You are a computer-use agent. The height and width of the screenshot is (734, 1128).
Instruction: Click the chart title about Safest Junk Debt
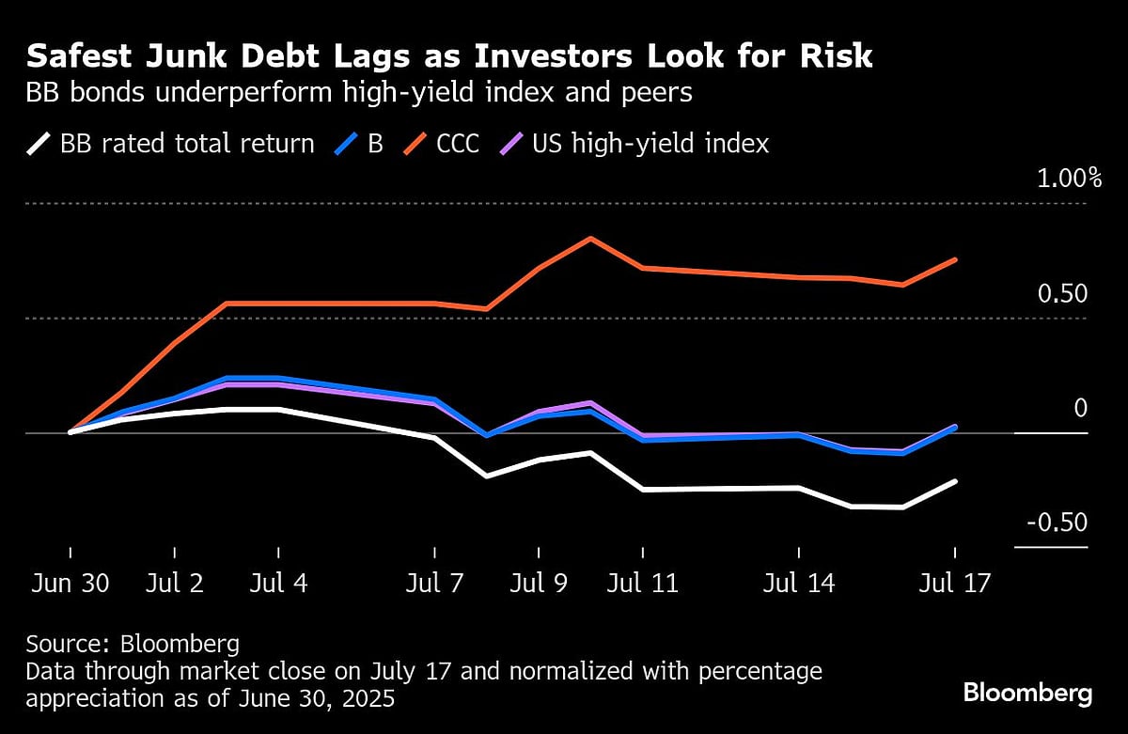coord(449,56)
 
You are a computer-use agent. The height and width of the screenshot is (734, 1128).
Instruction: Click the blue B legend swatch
coord(347,144)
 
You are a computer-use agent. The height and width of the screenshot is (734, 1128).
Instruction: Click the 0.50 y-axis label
coord(1061,294)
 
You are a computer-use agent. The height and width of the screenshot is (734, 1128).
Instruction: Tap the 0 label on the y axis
coord(1080,409)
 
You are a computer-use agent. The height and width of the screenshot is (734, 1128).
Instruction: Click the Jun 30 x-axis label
coord(70,584)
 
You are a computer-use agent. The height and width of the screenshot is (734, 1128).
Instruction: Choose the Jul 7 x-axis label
coord(434,584)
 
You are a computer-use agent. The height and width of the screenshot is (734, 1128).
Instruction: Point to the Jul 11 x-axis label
coord(642,584)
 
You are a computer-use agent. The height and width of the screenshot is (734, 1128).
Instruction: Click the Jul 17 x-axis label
coord(955,584)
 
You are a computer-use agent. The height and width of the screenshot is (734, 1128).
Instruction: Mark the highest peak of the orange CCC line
coord(589,238)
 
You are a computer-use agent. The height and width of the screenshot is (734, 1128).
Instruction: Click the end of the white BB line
coord(955,481)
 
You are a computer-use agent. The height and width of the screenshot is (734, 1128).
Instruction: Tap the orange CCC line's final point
coord(955,259)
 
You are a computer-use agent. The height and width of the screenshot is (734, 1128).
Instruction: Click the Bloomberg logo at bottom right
coord(1027,694)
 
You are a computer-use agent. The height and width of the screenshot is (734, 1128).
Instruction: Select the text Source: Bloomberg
coord(133,645)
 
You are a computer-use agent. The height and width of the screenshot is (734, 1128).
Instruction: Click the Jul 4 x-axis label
coord(278,584)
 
